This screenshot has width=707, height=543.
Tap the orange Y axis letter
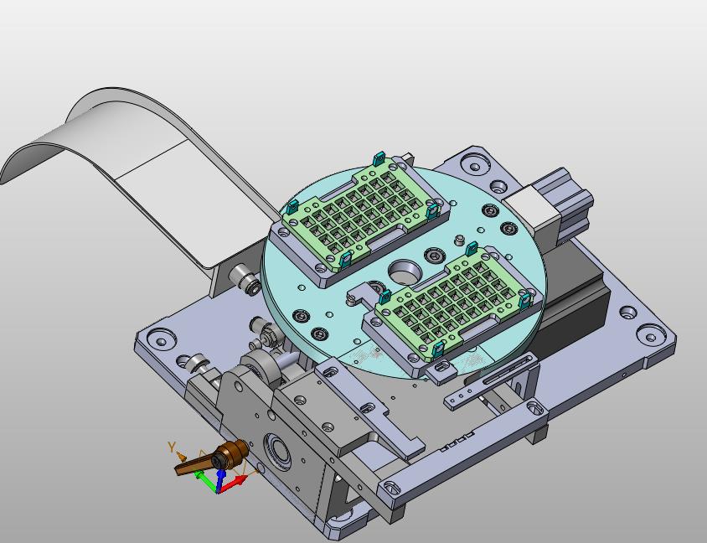172,447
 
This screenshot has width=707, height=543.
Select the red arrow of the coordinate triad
233,484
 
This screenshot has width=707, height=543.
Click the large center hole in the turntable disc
405,271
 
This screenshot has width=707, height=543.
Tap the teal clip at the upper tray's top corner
379,158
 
